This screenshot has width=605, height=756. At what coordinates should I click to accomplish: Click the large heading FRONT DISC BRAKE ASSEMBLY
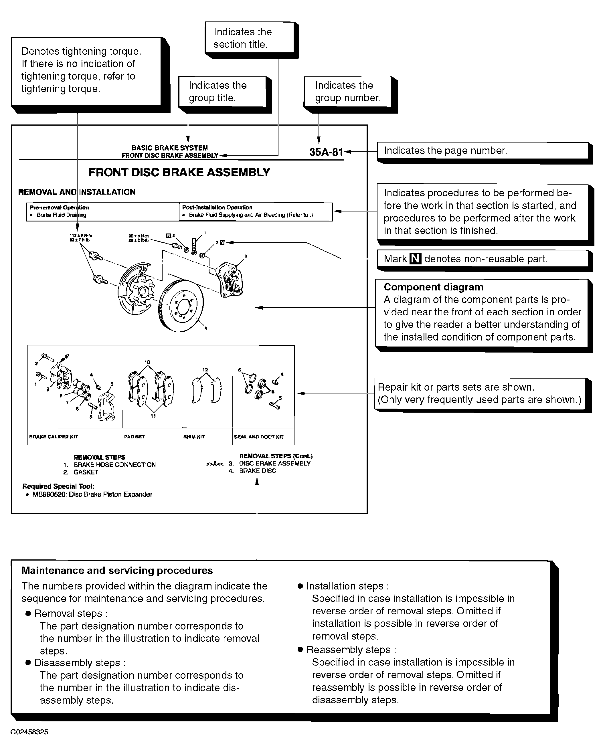(179, 173)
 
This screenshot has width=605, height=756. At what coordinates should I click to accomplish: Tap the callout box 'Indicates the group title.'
(222, 92)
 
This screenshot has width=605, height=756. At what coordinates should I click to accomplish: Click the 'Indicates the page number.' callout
(482, 151)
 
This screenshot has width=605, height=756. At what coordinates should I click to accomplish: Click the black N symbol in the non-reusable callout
(416, 259)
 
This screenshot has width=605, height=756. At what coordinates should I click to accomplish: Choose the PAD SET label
(134, 437)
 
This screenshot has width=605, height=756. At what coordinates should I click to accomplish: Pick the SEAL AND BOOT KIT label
(258, 437)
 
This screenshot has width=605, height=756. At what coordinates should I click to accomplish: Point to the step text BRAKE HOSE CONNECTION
(114, 465)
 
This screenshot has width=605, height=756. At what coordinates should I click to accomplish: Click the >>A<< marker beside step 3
(215, 464)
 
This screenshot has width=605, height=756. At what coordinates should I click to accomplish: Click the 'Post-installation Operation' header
(217, 207)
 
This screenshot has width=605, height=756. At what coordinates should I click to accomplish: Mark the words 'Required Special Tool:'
(58, 486)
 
